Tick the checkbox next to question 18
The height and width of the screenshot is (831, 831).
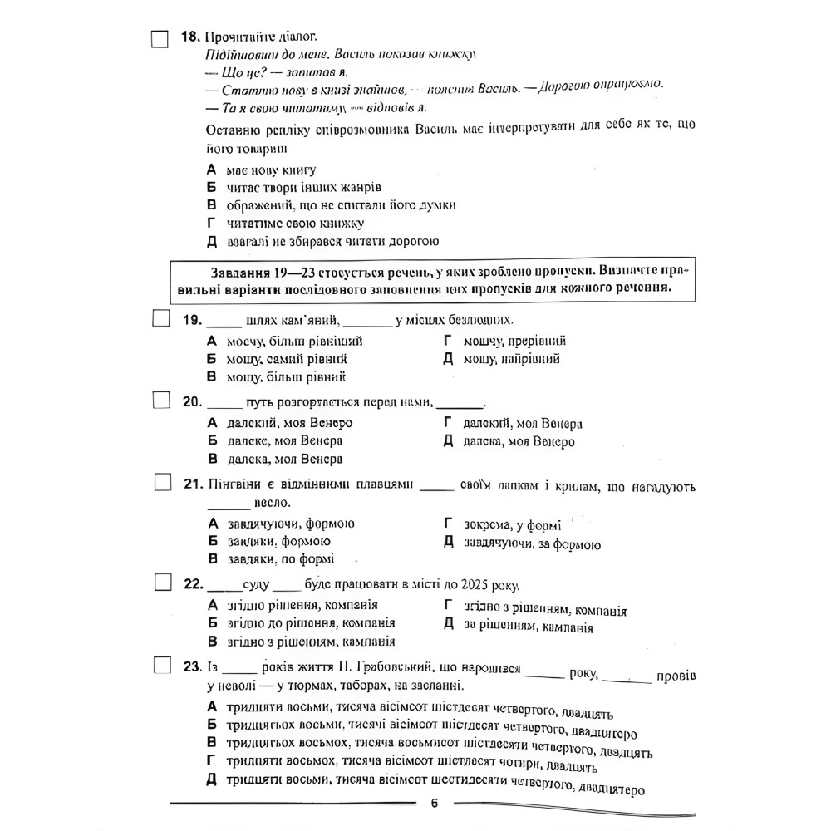[160, 38]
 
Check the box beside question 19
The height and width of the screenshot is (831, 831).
[160, 319]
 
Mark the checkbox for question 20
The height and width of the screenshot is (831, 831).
[160, 401]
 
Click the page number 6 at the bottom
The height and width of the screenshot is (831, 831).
[434, 803]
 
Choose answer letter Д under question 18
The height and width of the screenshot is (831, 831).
[211, 242]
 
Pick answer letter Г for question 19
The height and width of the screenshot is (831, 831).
[447, 341]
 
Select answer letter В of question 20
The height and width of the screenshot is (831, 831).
[211, 459]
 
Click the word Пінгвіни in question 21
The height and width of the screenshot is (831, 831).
[235, 485]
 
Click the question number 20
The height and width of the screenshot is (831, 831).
[192, 402]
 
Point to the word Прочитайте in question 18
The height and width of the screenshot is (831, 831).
[240, 37]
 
